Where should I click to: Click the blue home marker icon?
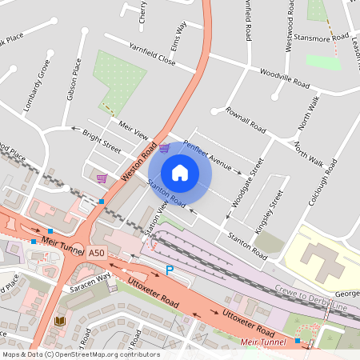(x=180, y=173)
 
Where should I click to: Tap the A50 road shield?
(x=97, y=253)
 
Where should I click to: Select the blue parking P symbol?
(x=169, y=270)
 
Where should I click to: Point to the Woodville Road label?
(x=284, y=78)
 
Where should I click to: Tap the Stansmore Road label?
(x=320, y=36)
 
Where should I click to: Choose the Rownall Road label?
(x=246, y=118)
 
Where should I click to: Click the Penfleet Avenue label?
(x=206, y=156)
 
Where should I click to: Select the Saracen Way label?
(x=89, y=282)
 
